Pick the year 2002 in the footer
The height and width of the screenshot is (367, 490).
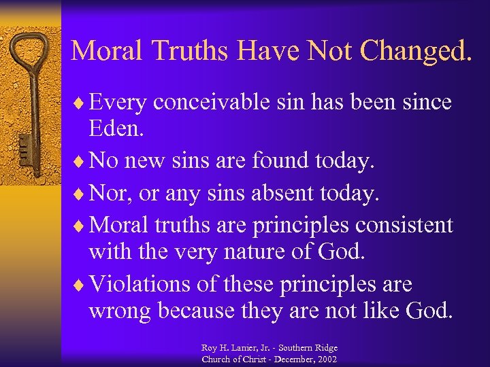325,359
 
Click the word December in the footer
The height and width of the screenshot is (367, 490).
289,359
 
